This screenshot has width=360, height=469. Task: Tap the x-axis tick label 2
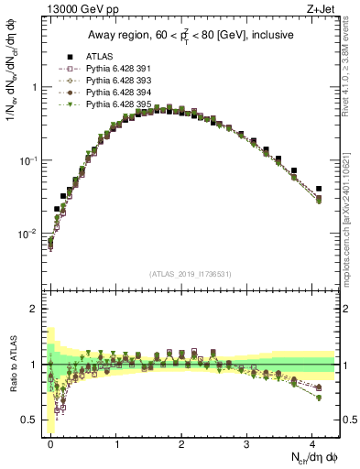click(181, 442)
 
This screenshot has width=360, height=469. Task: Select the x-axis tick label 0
click(50, 442)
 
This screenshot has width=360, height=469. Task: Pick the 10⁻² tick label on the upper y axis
click(27, 234)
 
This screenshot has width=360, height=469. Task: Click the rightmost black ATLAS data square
click(319, 189)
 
